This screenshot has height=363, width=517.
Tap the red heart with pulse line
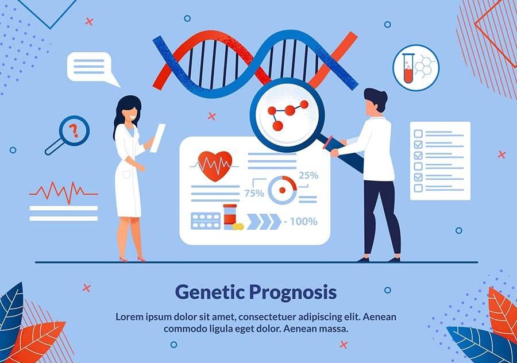pos(215,166)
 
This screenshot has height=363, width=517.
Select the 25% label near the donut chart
pos(308,175)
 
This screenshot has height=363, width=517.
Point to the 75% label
pos(254,193)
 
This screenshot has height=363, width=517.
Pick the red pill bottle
pos(230,216)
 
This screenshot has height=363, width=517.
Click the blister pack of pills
pos(206,221)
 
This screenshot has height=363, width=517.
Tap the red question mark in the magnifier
pos(75,130)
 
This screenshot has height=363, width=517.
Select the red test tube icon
pos(408,68)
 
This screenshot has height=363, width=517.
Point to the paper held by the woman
pos(157,138)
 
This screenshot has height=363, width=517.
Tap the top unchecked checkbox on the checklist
pos(418,133)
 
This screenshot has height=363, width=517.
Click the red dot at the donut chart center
pos(282,190)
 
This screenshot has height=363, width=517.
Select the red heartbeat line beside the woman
pos(64,192)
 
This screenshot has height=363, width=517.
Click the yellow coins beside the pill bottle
pos(238,226)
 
